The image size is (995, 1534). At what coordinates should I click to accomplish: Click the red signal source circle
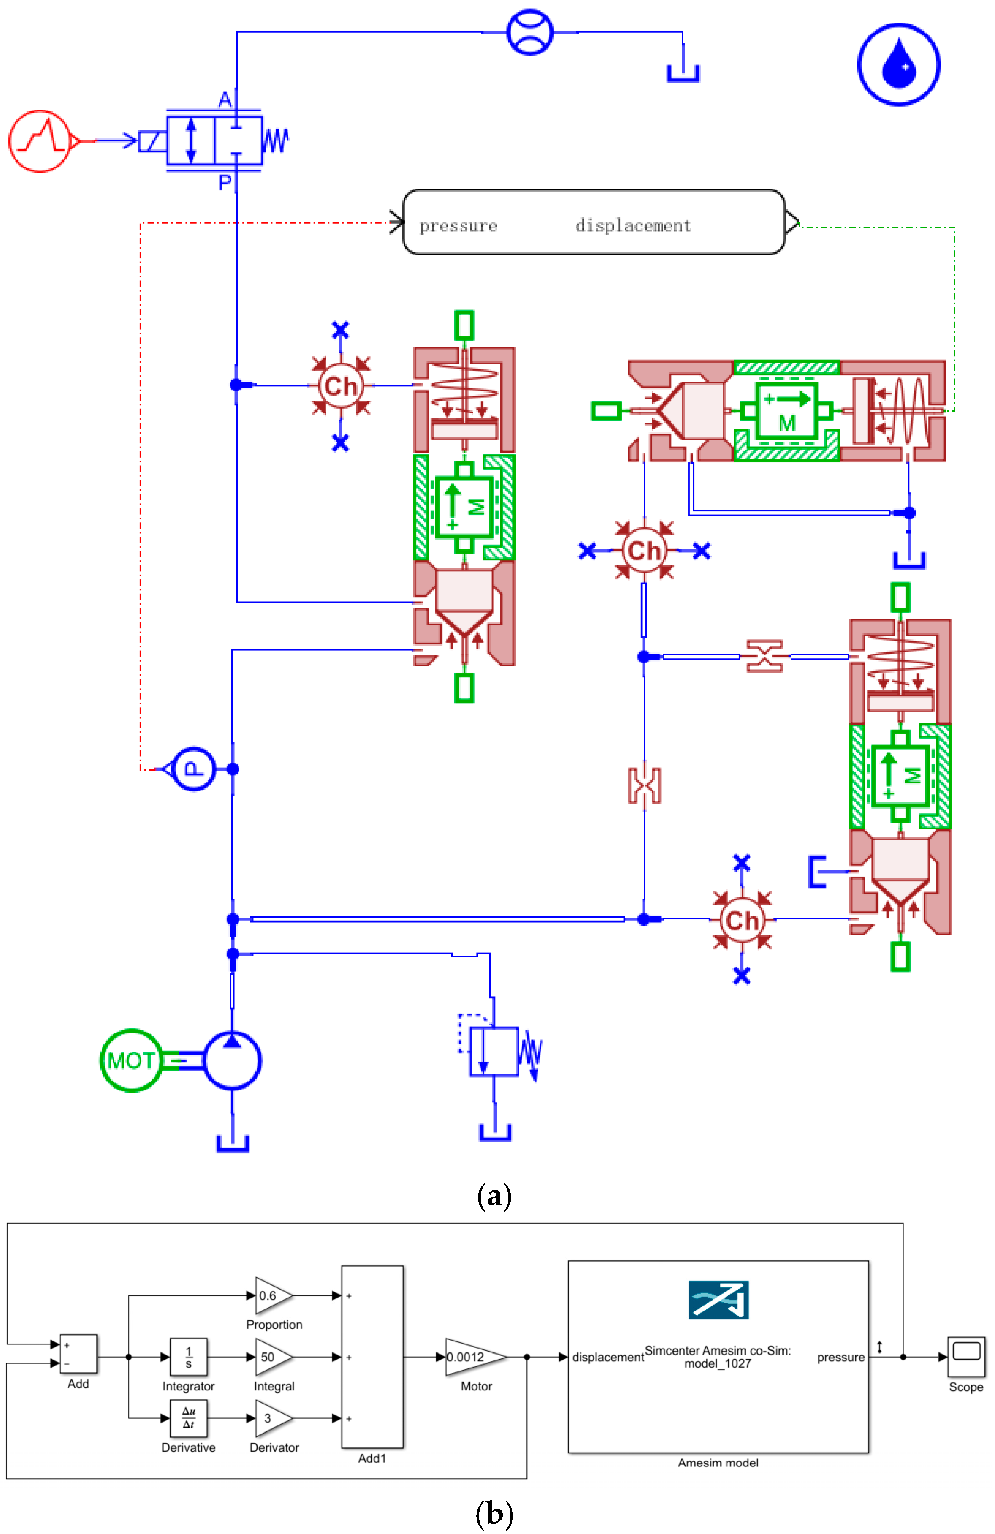pyautogui.click(x=40, y=141)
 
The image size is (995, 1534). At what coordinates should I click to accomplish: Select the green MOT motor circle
pyautogui.click(x=131, y=1060)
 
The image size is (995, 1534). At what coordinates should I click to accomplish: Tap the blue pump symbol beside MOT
pyautogui.click(x=232, y=1060)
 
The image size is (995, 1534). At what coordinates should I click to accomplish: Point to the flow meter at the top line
pyautogui.click(x=530, y=32)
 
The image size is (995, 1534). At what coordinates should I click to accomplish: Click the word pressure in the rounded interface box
pyautogui.click(x=458, y=225)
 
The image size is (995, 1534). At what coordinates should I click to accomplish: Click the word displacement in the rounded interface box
pyautogui.click(x=633, y=225)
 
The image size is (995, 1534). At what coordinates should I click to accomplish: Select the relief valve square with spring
pyautogui.click(x=493, y=1052)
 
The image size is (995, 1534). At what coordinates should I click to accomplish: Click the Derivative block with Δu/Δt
pyautogui.click(x=188, y=1418)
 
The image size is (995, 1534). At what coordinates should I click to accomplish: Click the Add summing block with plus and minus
pyautogui.click(x=79, y=1354)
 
